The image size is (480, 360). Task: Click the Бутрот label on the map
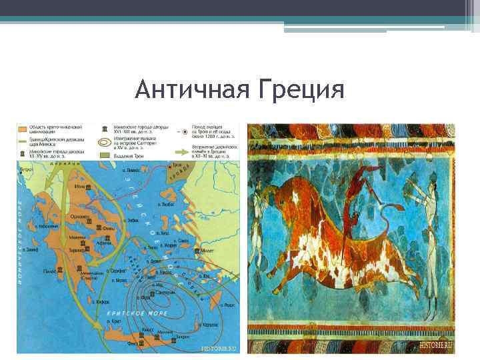click(x=26, y=171)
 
